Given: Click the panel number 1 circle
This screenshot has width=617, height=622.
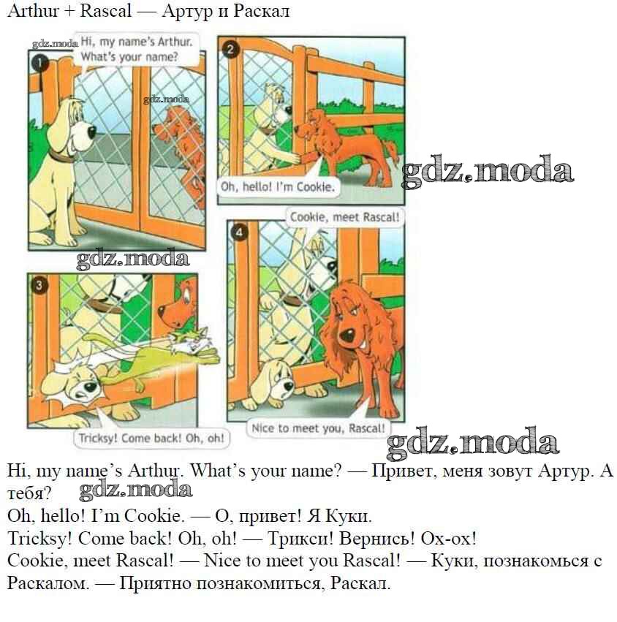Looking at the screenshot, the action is (x=39, y=63).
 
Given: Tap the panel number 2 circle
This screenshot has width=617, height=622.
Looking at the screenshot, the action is (x=230, y=49).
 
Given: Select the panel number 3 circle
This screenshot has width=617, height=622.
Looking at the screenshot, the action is (x=39, y=285).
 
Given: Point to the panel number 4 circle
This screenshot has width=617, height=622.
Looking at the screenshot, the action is (x=238, y=233).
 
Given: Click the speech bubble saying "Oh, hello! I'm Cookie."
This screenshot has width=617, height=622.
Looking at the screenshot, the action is (x=277, y=186).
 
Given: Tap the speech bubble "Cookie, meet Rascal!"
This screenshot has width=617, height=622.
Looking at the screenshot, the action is (x=344, y=217).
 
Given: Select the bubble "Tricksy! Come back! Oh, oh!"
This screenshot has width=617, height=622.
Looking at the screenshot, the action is (x=151, y=438).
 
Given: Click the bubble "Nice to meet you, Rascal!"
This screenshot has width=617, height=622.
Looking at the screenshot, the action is (x=318, y=428).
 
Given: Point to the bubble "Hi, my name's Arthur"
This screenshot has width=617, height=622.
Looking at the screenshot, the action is (x=137, y=49).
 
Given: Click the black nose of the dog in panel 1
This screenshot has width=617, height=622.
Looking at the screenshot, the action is (x=91, y=132).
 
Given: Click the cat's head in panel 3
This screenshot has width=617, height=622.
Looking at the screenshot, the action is (x=191, y=341).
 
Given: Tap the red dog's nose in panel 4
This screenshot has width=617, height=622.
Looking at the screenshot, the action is (x=348, y=336).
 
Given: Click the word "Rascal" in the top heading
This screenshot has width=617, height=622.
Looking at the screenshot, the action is (x=105, y=11).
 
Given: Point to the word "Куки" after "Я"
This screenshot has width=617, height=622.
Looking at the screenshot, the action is (x=349, y=516).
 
